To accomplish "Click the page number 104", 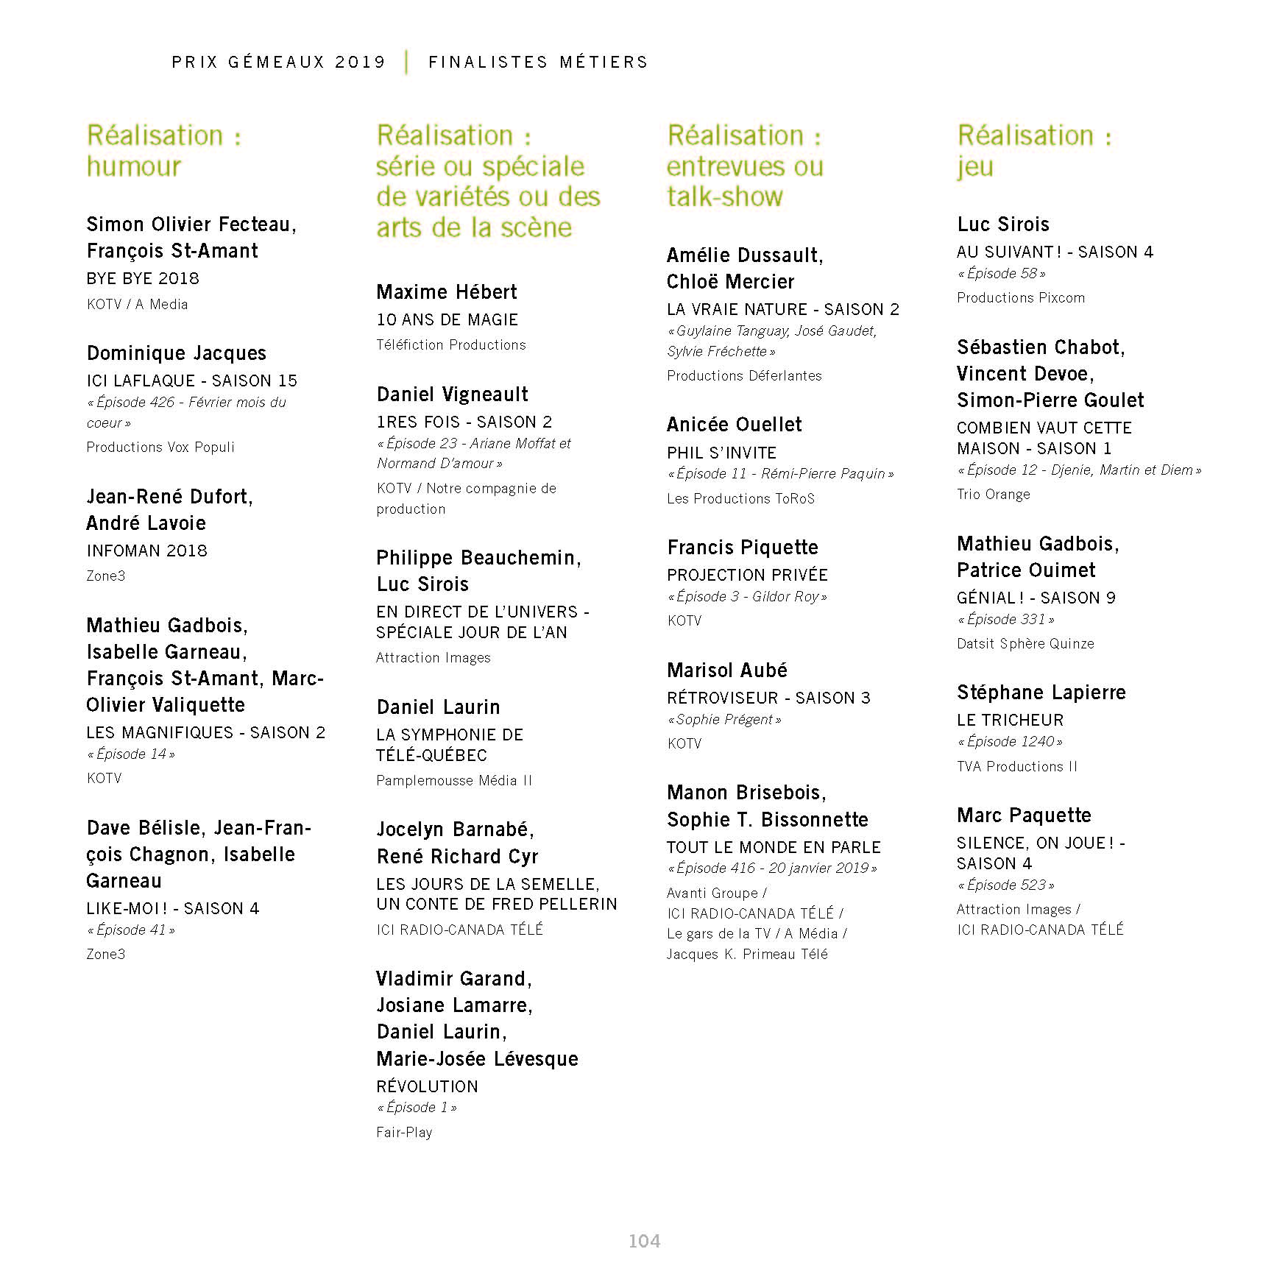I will pyautogui.click(x=644, y=1241).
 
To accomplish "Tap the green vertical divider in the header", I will pyautogui.click(x=406, y=62).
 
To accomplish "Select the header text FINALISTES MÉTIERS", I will pyautogui.click(x=538, y=63).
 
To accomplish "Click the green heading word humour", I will pyautogui.click(x=134, y=167).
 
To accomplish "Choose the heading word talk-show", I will pyautogui.click(x=725, y=197).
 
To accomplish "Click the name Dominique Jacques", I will pyautogui.click(x=177, y=353).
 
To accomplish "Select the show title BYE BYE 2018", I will pyautogui.click(x=143, y=278).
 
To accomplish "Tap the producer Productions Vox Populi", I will pyautogui.click(x=160, y=447).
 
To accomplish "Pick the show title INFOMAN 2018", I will pyautogui.click(x=147, y=551).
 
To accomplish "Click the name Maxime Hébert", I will pyautogui.click(x=447, y=292).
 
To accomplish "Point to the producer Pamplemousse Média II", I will pyautogui.click(x=454, y=780).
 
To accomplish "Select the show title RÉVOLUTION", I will pyautogui.click(x=427, y=1086).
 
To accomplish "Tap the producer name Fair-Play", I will pyautogui.click(x=404, y=1132).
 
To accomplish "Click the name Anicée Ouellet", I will pyautogui.click(x=734, y=425).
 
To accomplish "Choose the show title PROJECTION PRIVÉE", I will pyautogui.click(x=747, y=575).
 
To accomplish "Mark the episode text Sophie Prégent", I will pyautogui.click(x=724, y=720).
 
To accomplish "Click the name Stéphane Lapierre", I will pyautogui.click(x=1041, y=693).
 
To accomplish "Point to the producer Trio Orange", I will pyautogui.click(x=993, y=494).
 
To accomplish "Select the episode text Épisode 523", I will pyautogui.click(x=1006, y=885).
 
